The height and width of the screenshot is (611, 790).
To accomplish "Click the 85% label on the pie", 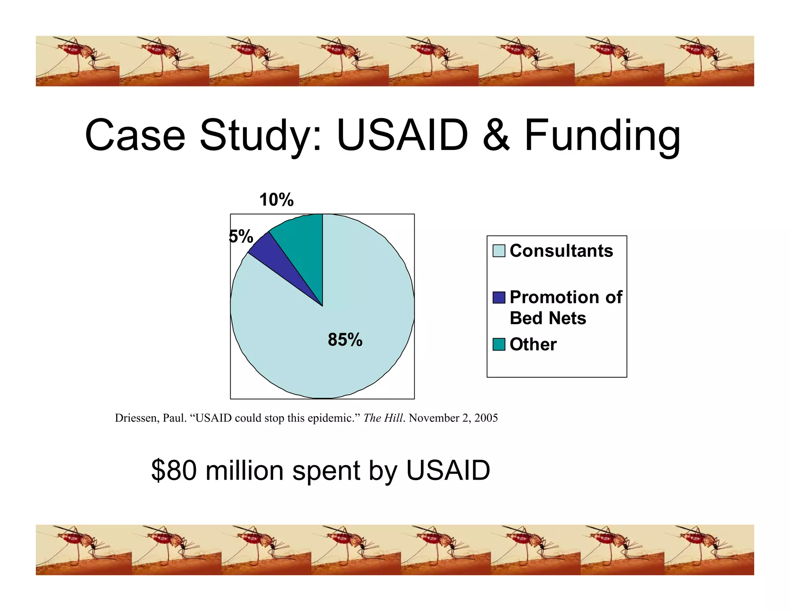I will (345, 340).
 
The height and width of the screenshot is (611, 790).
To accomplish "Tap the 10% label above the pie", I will (276, 200).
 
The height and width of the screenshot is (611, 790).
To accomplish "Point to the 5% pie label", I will (241, 236).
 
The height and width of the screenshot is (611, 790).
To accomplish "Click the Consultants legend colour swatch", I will (499, 251).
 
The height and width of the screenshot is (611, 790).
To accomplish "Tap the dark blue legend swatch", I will (499, 297).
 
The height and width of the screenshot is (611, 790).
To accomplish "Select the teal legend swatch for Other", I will (499, 344).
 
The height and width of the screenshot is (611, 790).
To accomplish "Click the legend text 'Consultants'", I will (561, 251).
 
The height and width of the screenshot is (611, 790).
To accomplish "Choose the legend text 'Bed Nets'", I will (548, 318).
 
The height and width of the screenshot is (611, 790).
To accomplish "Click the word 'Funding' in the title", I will (602, 136).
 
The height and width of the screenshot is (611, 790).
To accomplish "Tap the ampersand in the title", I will (496, 136).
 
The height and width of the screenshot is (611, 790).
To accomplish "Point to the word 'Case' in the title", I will (135, 136).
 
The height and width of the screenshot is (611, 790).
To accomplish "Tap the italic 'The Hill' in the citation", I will (383, 418).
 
